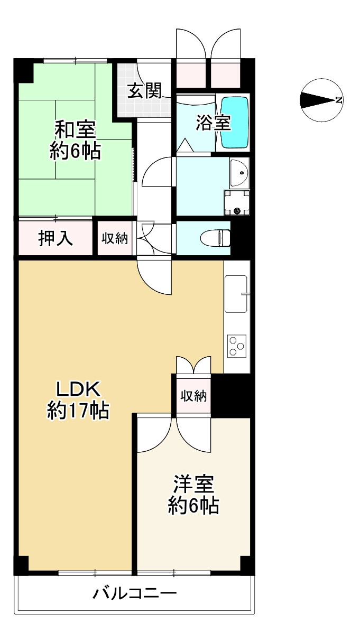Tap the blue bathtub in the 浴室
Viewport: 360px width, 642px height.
click(234, 123)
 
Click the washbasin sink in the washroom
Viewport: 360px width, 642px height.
click(239, 172)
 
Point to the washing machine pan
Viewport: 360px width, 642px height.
click(236, 203)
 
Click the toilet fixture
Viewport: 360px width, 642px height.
click(216, 238)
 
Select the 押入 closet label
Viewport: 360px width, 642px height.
click(55, 238)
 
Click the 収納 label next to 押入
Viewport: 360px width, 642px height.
click(114, 238)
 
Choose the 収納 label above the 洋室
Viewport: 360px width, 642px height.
click(193, 395)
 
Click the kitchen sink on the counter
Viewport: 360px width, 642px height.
click(236, 294)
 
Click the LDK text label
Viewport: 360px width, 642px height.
click(78, 389)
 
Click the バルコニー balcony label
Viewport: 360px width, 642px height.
click(135, 593)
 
